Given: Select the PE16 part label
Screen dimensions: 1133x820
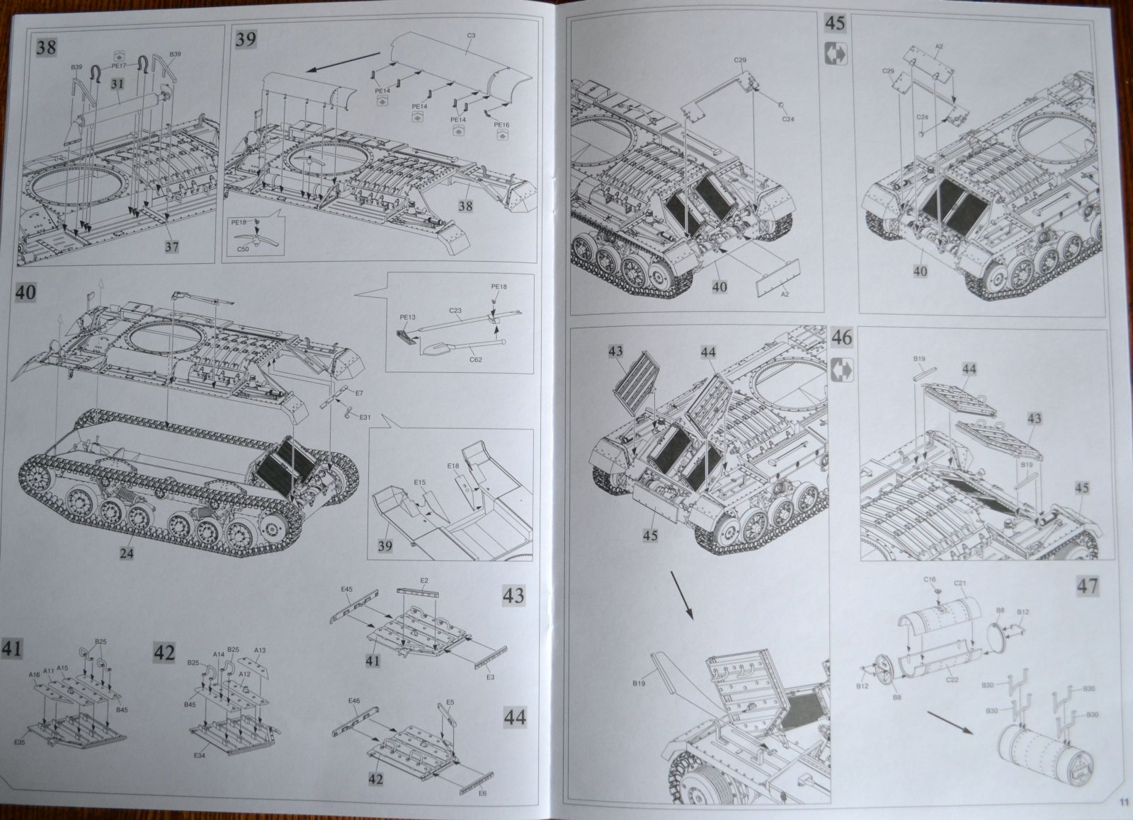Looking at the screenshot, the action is [x=501, y=125].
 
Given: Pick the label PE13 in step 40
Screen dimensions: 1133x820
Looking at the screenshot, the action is [x=407, y=318].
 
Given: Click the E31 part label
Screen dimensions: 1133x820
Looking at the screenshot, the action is [x=365, y=417].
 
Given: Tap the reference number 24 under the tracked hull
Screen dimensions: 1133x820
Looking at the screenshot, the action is [x=126, y=553].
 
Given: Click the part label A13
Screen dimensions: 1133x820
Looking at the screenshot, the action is [x=260, y=649].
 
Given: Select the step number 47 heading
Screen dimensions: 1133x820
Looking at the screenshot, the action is [x=1087, y=585].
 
